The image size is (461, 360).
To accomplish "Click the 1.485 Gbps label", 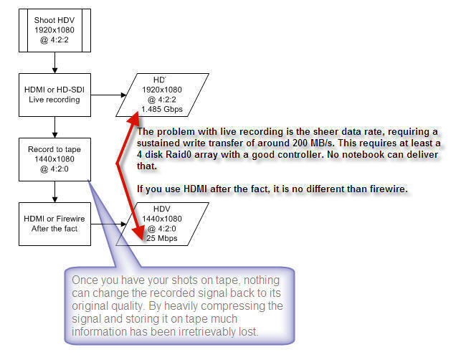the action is click(162, 110).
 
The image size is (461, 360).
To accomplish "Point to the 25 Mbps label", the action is click(162, 238).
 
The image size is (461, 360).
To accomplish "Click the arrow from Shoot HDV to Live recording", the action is click(54, 62).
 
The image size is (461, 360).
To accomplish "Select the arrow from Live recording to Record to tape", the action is click(54, 128).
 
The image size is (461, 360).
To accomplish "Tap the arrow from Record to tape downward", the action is click(54, 191).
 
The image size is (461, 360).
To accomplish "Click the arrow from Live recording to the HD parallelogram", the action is click(108, 95).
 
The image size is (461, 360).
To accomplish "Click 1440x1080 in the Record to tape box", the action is click(54, 159).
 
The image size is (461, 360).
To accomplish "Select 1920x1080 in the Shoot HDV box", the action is click(54, 30).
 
